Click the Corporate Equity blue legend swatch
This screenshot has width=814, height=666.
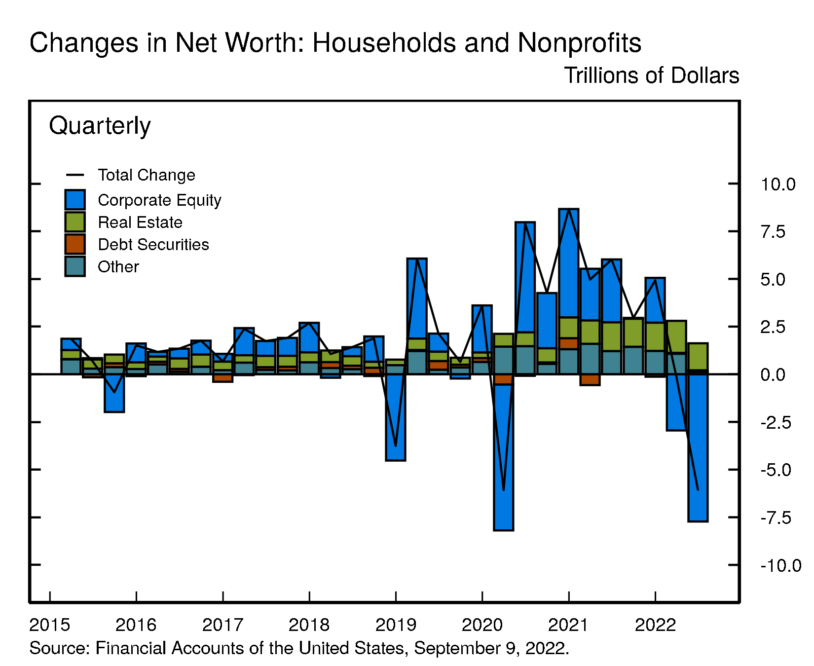75,200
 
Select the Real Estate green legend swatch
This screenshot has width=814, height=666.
75,222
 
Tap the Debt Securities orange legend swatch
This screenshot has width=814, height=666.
75,244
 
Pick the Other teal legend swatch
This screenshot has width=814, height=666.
75,266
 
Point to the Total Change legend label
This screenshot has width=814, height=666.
146,175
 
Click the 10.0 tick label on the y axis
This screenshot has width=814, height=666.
777,185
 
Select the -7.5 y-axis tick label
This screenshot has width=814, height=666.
776,518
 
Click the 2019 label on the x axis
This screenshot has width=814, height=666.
396,625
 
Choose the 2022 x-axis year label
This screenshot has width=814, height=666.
655,625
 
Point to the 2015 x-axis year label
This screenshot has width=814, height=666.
50,625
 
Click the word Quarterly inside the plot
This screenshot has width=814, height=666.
100,126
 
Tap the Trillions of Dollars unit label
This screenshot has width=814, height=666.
651,75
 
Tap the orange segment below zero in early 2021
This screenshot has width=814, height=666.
590,379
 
